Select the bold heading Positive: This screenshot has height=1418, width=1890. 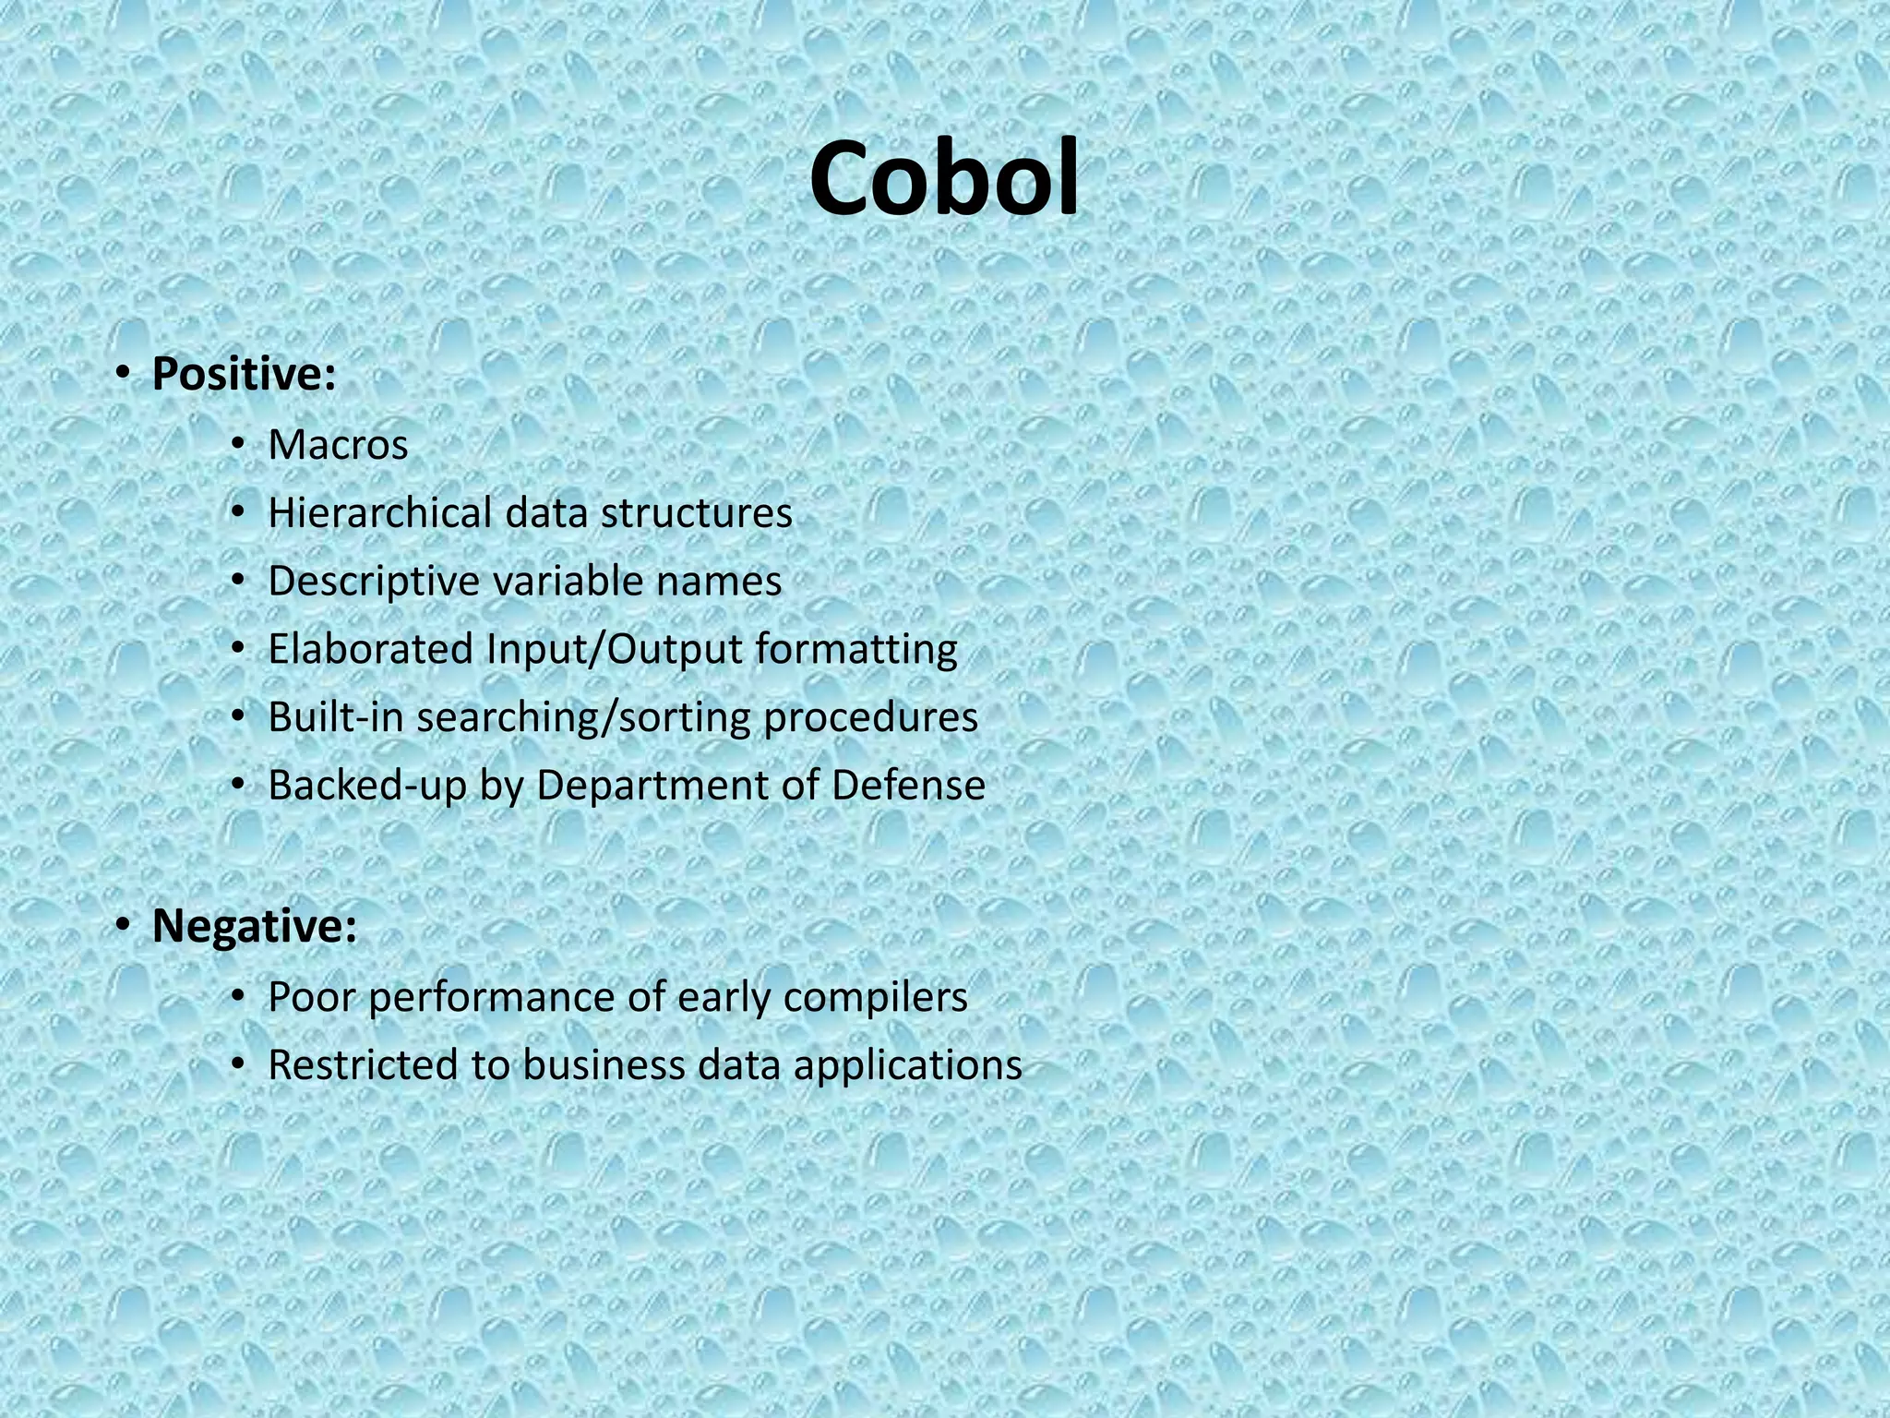click(x=244, y=375)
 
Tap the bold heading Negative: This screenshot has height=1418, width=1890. click(x=254, y=927)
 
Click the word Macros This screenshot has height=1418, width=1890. click(x=338, y=446)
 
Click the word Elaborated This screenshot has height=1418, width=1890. click(x=370, y=649)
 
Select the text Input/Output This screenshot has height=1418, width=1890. click(x=615, y=649)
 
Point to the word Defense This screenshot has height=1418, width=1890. click(x=908, y=786)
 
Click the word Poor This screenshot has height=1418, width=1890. click(x=311, y=997)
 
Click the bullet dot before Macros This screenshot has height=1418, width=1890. click(x=239, y=445)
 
